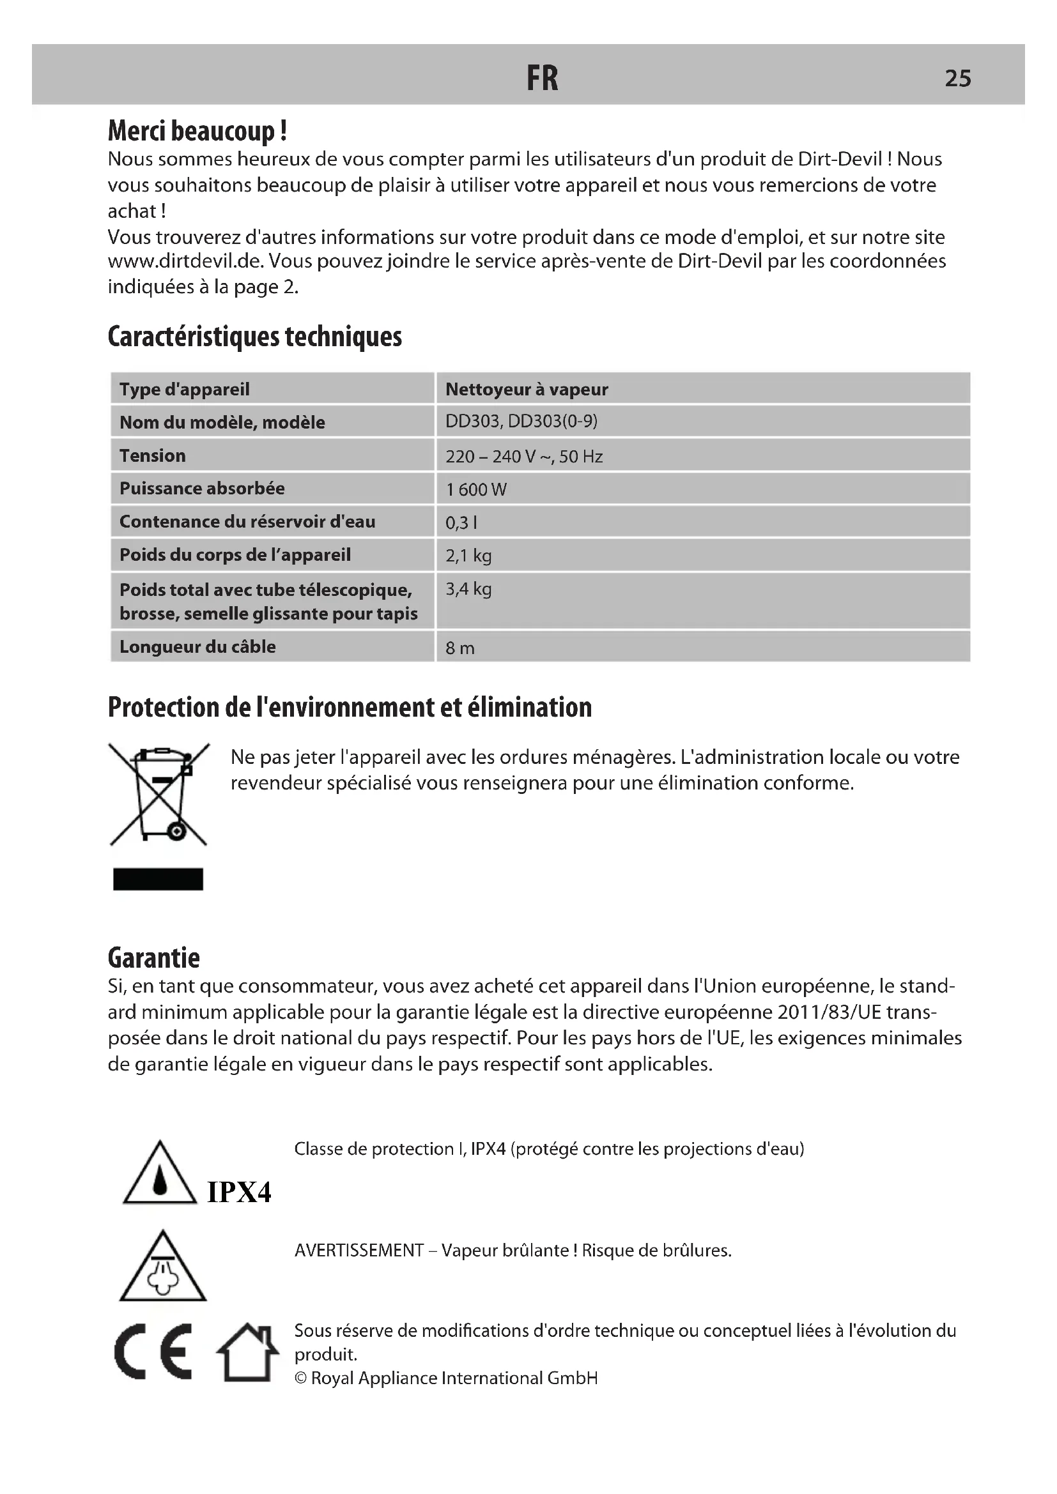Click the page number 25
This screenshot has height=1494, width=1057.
click(x=957, y=79)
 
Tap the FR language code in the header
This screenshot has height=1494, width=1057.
click(x=542, y=79)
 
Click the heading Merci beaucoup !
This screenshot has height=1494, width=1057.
click(x=197, y=132)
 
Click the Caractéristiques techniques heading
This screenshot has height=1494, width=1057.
click(x=254, y=337)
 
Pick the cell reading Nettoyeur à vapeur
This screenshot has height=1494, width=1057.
click(x=527, y=389)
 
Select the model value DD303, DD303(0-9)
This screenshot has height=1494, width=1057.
click(x=521, y=422)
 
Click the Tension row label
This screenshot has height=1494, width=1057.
click(x=152, y=455)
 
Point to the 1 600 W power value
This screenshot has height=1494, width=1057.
click(x=476, y=489)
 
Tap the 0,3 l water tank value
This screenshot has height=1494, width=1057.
click(x=461, y=522)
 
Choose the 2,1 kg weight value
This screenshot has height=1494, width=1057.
click(x=468, y=556)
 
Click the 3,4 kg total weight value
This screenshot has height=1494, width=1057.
click(x=468, y=590)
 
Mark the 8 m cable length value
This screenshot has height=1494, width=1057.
click(x=459, y=648)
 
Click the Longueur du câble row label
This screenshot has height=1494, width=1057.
click(x=197, y=647)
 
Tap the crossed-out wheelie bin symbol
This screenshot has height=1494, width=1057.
click(x=159, y=795)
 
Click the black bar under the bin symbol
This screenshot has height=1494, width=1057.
click(x=158, y=879)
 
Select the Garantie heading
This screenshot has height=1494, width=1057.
click(x=153, y=959)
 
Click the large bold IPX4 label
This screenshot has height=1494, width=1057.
click(x=239, y=1192)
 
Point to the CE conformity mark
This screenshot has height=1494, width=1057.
click(x=154, y=1352)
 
